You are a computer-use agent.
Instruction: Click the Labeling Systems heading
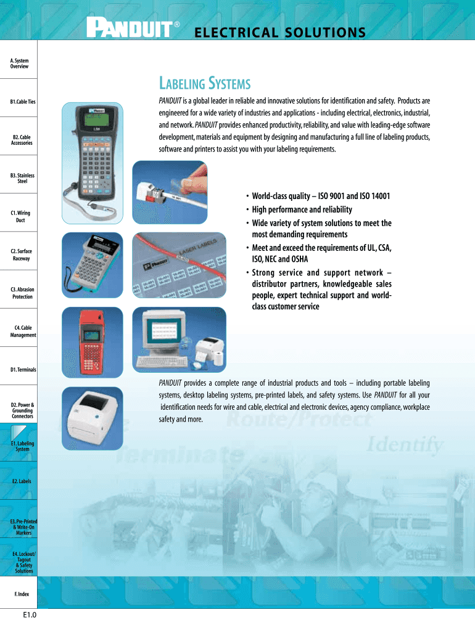point(204,83)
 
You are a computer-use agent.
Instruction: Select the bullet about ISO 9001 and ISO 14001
point(321,197)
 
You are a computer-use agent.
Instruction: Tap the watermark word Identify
point(405,444)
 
